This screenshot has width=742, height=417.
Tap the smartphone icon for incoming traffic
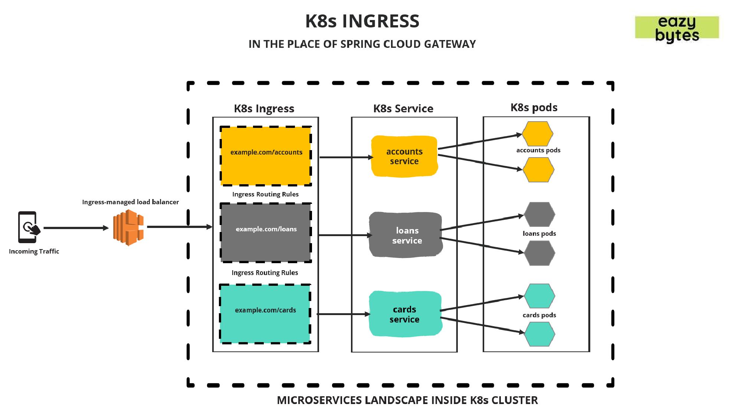click(x=28, y=227)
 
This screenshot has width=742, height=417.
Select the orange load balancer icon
click(x=128, y=227)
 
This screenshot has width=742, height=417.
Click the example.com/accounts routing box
click(x=266, y=156)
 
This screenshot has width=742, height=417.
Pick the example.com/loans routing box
click(x=266, y=232)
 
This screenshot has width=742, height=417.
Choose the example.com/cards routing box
click(x=265, y=314)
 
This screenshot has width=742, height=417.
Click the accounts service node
click(x=404, y=156)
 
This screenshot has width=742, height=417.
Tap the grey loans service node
click(x=406, y=235)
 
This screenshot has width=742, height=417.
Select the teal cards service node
click(x=405, y=314)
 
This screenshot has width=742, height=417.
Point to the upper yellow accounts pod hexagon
click(x=537, y=134)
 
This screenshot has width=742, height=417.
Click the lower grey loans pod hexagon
click(x=539, y=253)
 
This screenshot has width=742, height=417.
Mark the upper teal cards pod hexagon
click(x=539, y=296)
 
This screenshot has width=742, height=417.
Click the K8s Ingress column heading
click(x=264, y=109)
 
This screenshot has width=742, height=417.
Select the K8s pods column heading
click(x=534, y=107)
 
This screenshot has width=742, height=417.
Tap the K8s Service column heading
click(x=403, y=109)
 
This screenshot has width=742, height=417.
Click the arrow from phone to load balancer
click(x=76, y=228)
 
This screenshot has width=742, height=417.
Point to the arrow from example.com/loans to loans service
click(x=345, y=235)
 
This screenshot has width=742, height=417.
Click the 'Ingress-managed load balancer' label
click(x=130, y=202)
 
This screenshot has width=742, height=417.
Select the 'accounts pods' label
click(x=538, y=150)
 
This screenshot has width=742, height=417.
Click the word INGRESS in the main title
click(x=381, y=21)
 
